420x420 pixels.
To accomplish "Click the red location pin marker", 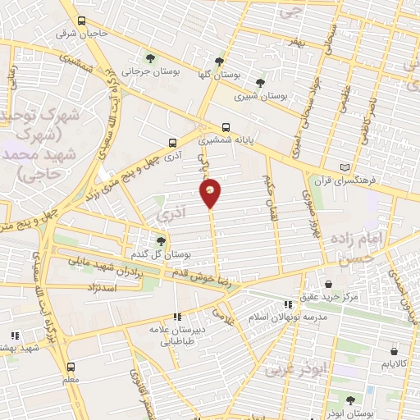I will [x=210, y=192].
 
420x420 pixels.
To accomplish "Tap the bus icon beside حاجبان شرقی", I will [x=80, y=21].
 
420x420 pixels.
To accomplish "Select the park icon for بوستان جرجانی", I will [x=149, y=57].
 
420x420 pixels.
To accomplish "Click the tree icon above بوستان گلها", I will [x=218, y=62].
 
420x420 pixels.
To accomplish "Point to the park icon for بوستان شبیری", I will [x=260, y=82].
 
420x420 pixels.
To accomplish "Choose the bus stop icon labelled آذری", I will [x=171, y=141].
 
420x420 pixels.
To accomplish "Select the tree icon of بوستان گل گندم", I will [x=161, y=240].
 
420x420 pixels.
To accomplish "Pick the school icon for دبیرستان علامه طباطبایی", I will [x=177, y=317].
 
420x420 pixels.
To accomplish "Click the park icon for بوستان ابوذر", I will [x=350, y=400].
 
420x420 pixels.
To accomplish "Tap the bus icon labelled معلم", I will [x=71, y=367].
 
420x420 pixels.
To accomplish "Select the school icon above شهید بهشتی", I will [x=15, y=335].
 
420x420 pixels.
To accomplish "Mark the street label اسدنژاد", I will [x=102, y=289].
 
